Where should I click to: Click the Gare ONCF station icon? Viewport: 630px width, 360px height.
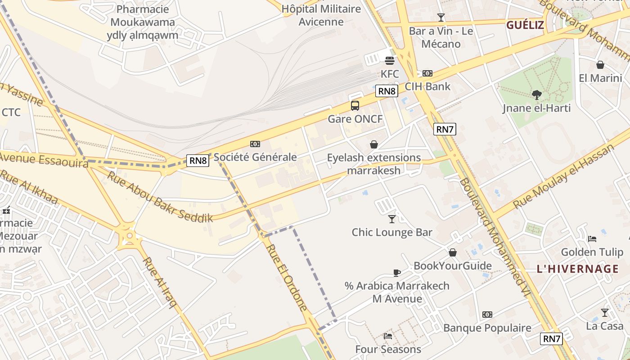click(355, 106)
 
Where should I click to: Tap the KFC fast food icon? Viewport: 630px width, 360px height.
click(390, 60)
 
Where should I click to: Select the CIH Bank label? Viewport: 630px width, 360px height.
click(427, 86)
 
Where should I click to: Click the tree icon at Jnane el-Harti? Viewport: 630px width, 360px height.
click(536, 94)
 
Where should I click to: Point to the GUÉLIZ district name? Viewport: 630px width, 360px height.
click(525, 25)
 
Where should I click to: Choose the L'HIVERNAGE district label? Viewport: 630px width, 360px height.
click(577, 269)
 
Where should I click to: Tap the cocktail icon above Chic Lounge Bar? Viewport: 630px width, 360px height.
click(392, 219)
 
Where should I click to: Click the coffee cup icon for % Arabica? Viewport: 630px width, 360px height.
click(396, 273)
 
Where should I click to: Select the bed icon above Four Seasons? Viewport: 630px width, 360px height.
click(388, 336)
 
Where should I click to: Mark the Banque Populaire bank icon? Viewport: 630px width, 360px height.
click(487, 315)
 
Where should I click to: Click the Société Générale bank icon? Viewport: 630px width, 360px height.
click(255, 144)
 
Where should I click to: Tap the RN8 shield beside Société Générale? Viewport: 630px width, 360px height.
click(198, 160)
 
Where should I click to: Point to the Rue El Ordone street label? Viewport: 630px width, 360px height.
click(287, 277)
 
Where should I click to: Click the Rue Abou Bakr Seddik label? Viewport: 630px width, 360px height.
click(160, 197)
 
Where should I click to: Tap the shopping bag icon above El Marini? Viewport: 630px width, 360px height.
click(600, 65)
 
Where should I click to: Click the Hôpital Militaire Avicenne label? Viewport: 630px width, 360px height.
click(321, 15)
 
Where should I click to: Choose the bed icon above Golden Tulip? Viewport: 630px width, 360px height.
click(592, 238)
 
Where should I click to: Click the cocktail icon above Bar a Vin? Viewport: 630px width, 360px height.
click(441, 18)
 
